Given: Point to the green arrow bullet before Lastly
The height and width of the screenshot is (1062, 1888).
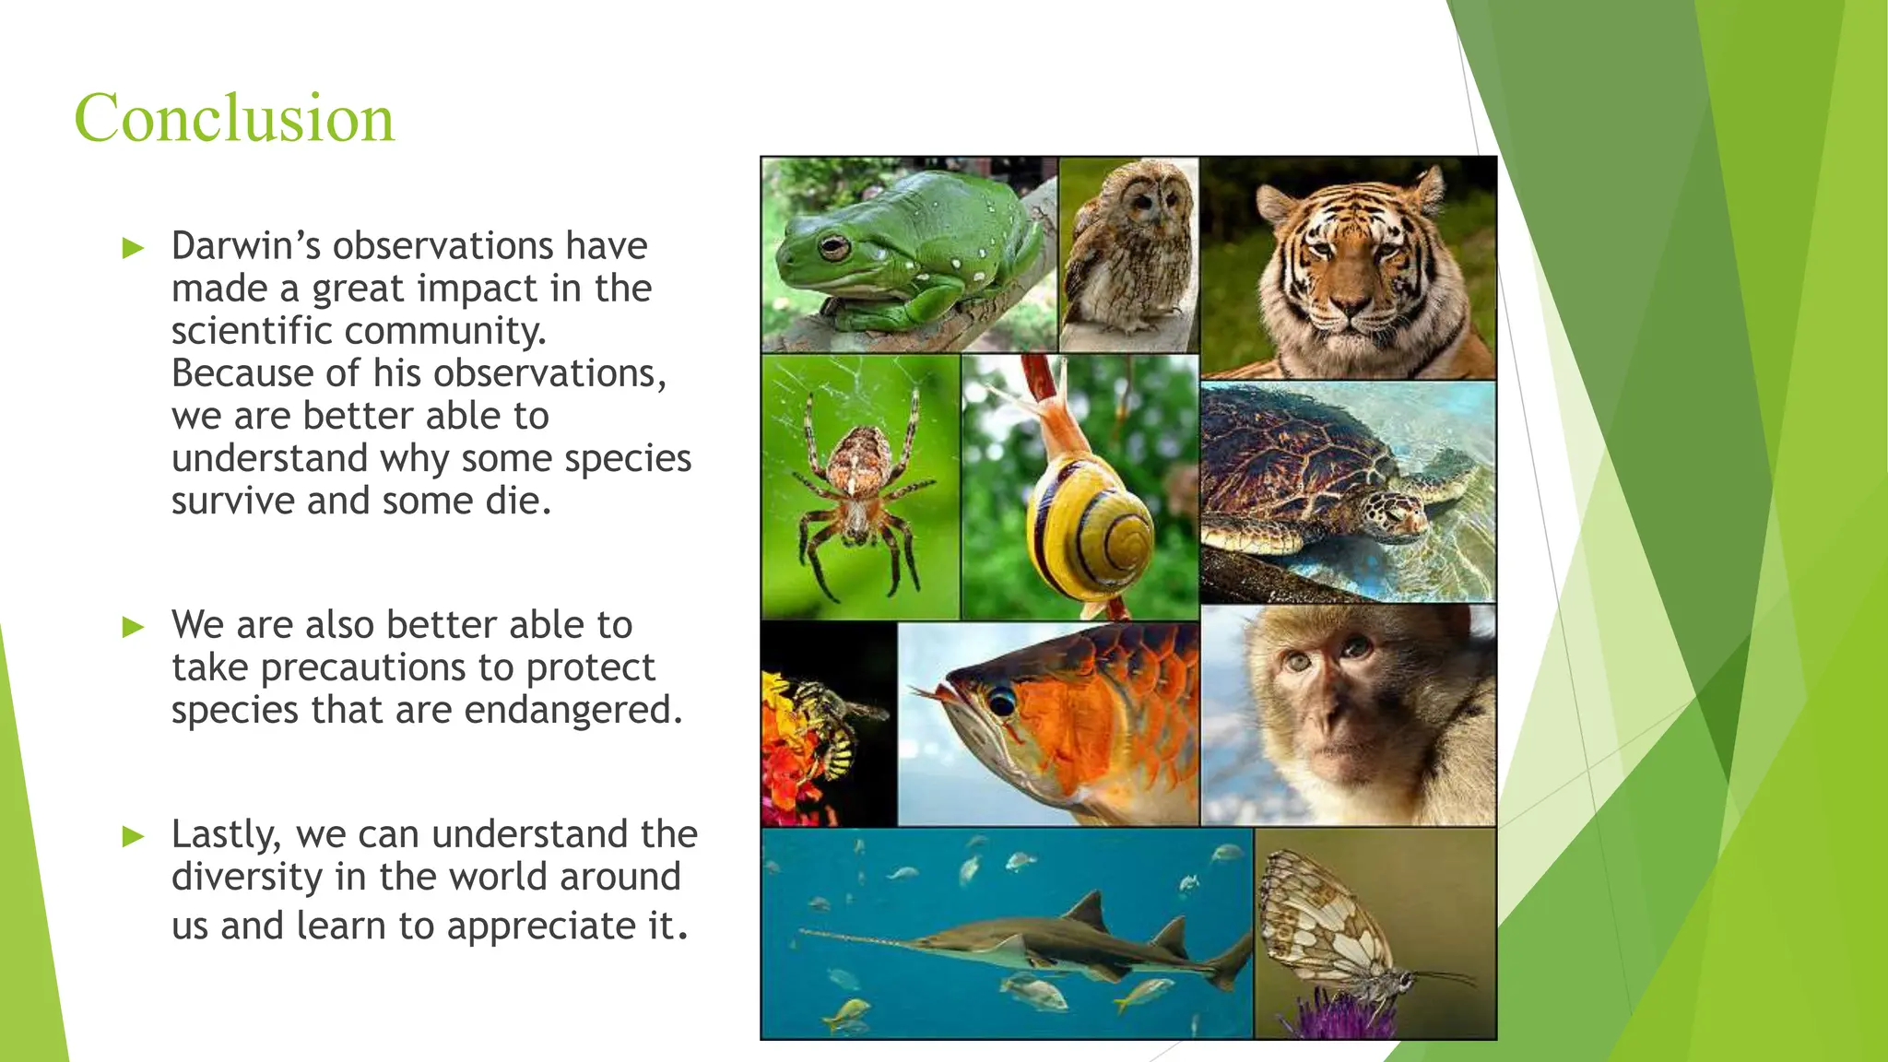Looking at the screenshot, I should [x=134, y=836].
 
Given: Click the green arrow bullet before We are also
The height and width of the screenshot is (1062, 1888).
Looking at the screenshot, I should [x=134, y=627].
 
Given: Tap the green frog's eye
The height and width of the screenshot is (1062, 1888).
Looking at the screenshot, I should [x=832, y=246].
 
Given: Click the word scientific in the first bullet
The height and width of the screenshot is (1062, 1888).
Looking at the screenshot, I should [x=252, y=331].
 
